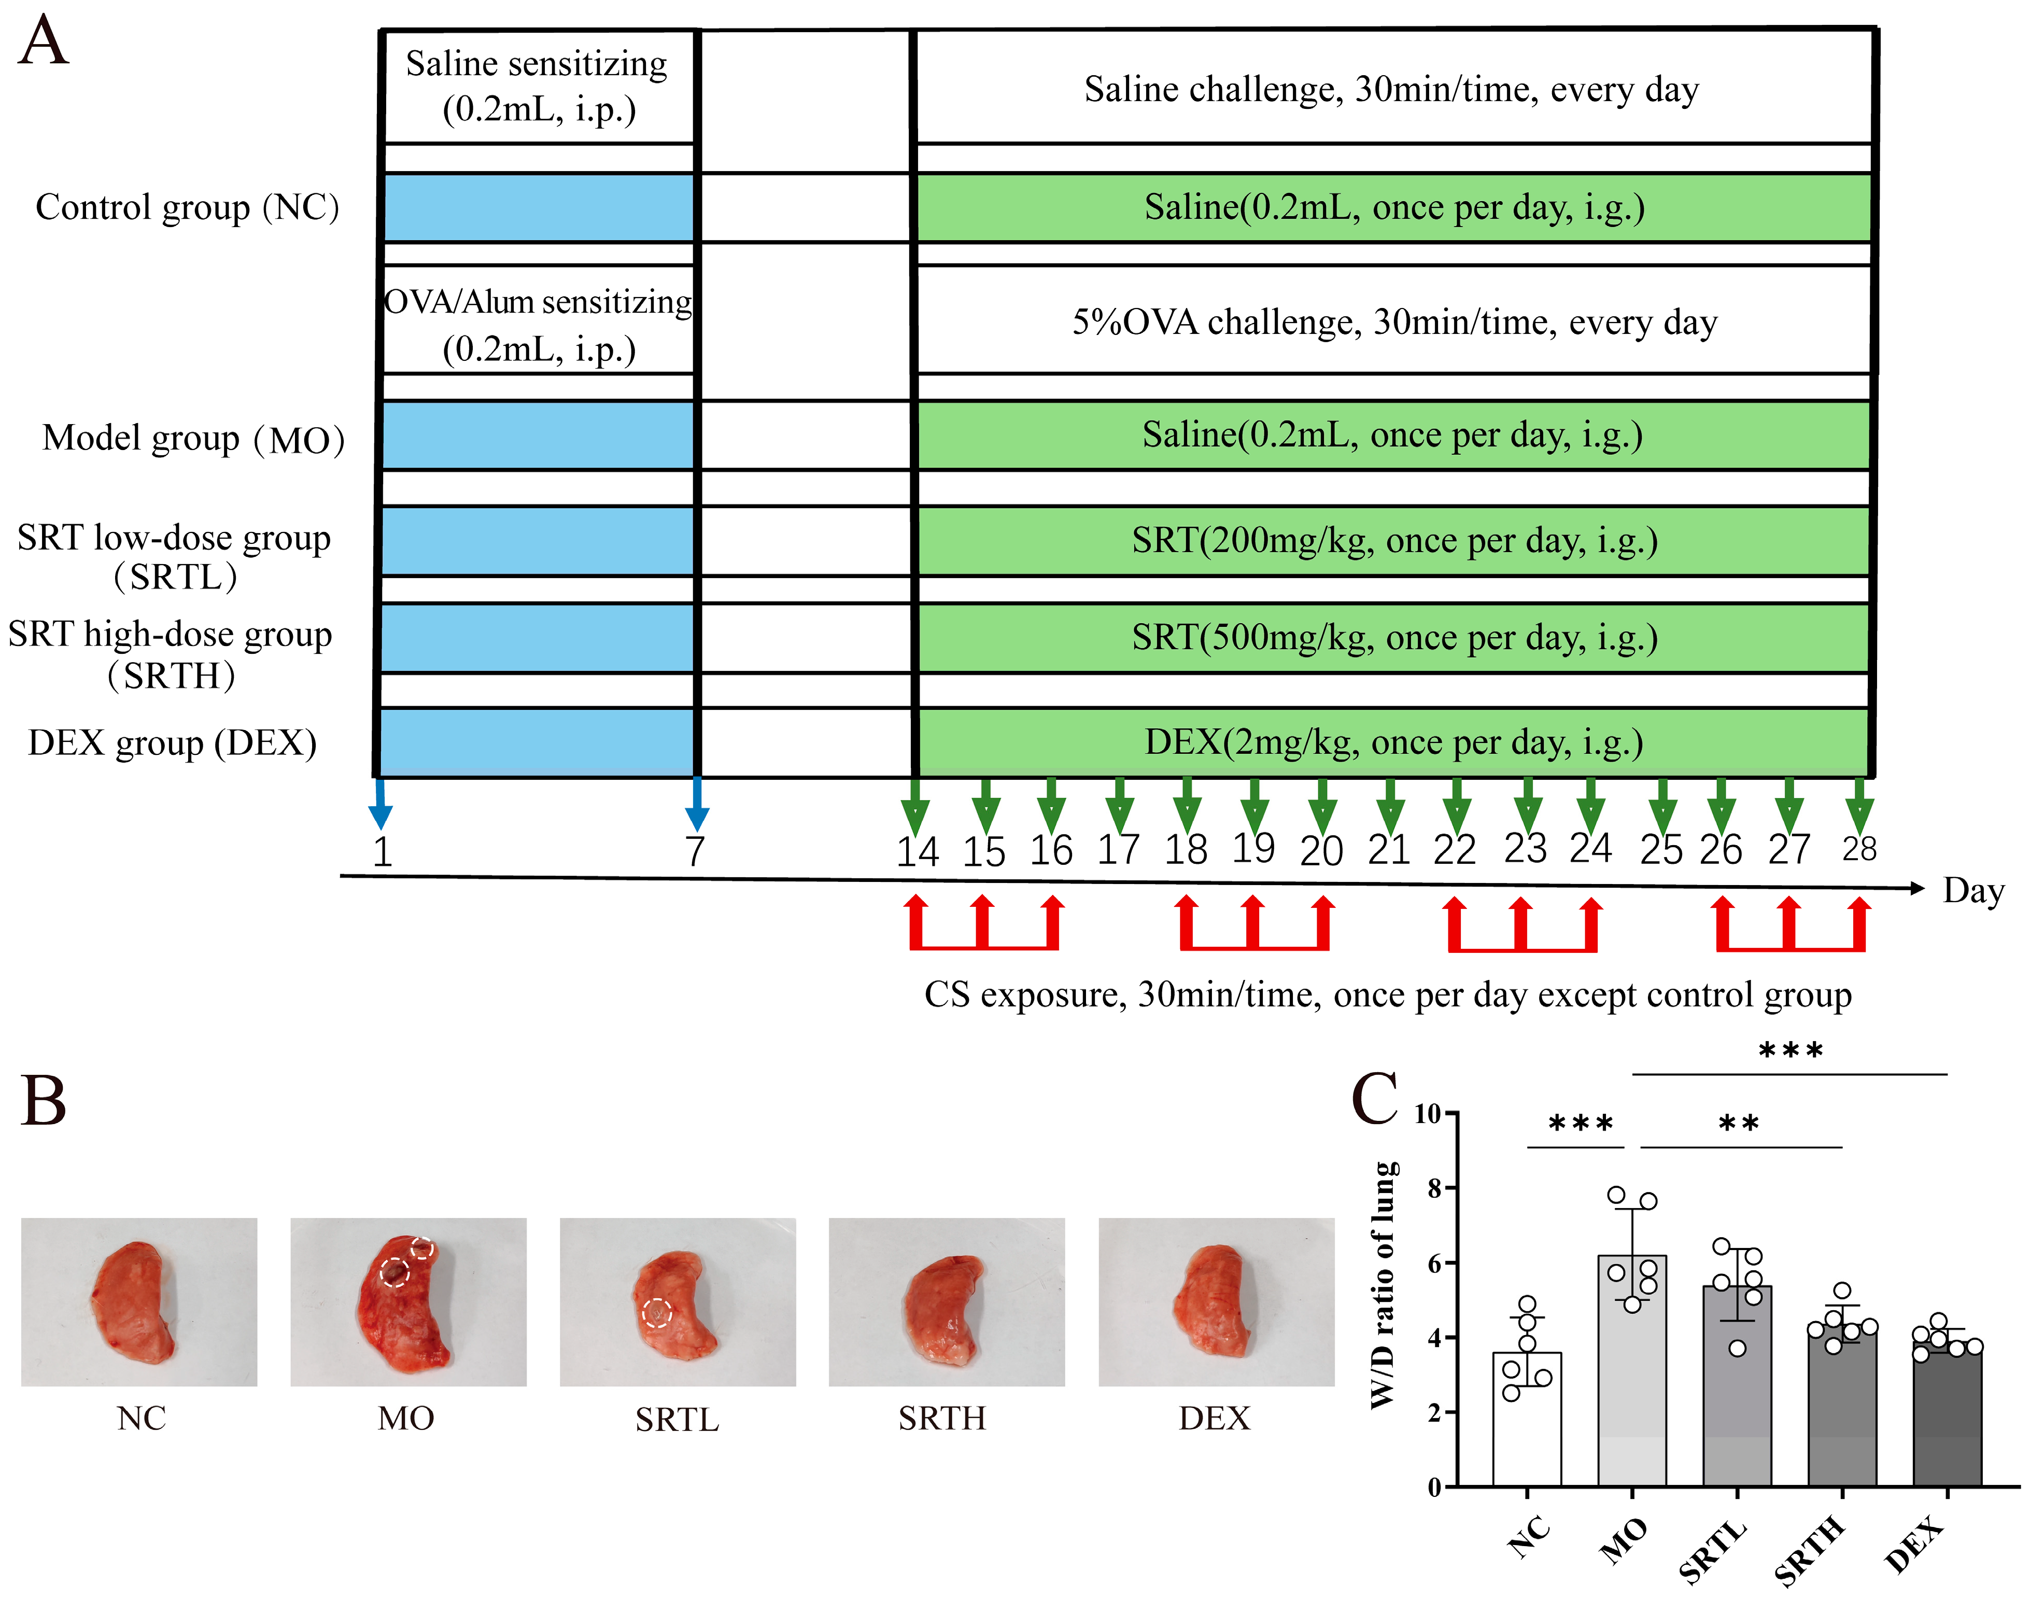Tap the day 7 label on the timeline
coord(695,851)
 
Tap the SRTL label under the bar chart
coord(1713,1549)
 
